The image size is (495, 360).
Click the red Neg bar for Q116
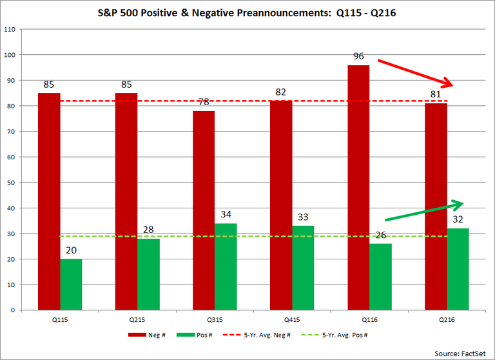358,187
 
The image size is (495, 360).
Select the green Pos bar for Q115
71,284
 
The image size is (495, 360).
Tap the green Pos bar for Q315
226,266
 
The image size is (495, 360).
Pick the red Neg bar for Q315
204,210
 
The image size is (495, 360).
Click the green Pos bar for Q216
458,269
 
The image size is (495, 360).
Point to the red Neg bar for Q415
281,205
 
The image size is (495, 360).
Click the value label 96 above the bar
358,56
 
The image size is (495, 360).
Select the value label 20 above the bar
71,250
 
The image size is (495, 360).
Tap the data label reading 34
226,214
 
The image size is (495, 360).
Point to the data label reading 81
436,94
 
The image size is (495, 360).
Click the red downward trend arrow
416,73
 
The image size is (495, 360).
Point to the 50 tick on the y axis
12,183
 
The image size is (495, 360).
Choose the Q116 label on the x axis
369,319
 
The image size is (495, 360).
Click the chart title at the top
247,11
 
